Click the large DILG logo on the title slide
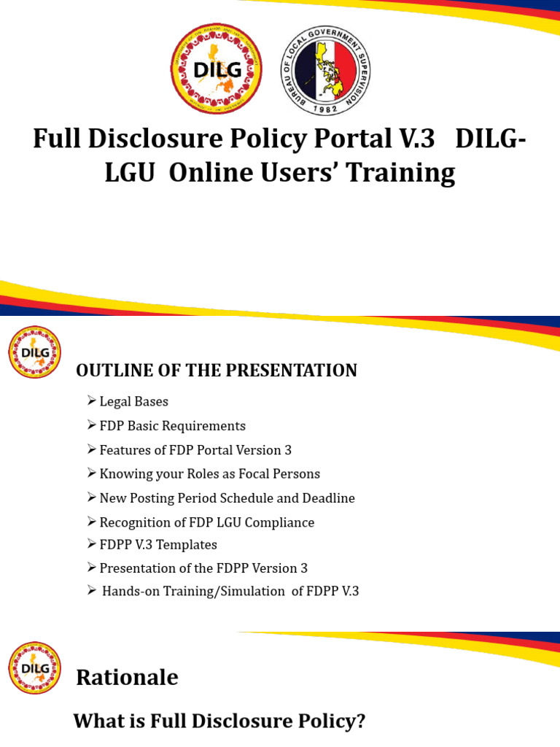[x=215, y=69]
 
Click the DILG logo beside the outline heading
[x=34, y=352]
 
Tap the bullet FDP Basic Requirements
[x=172, y=426]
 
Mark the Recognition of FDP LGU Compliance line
[x=206, y=523]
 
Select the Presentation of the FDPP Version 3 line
[x=198, y=568]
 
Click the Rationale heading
[x=127, y=678]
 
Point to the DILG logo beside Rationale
[x=34, y=667]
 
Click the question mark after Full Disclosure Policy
[x=359, y=722]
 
